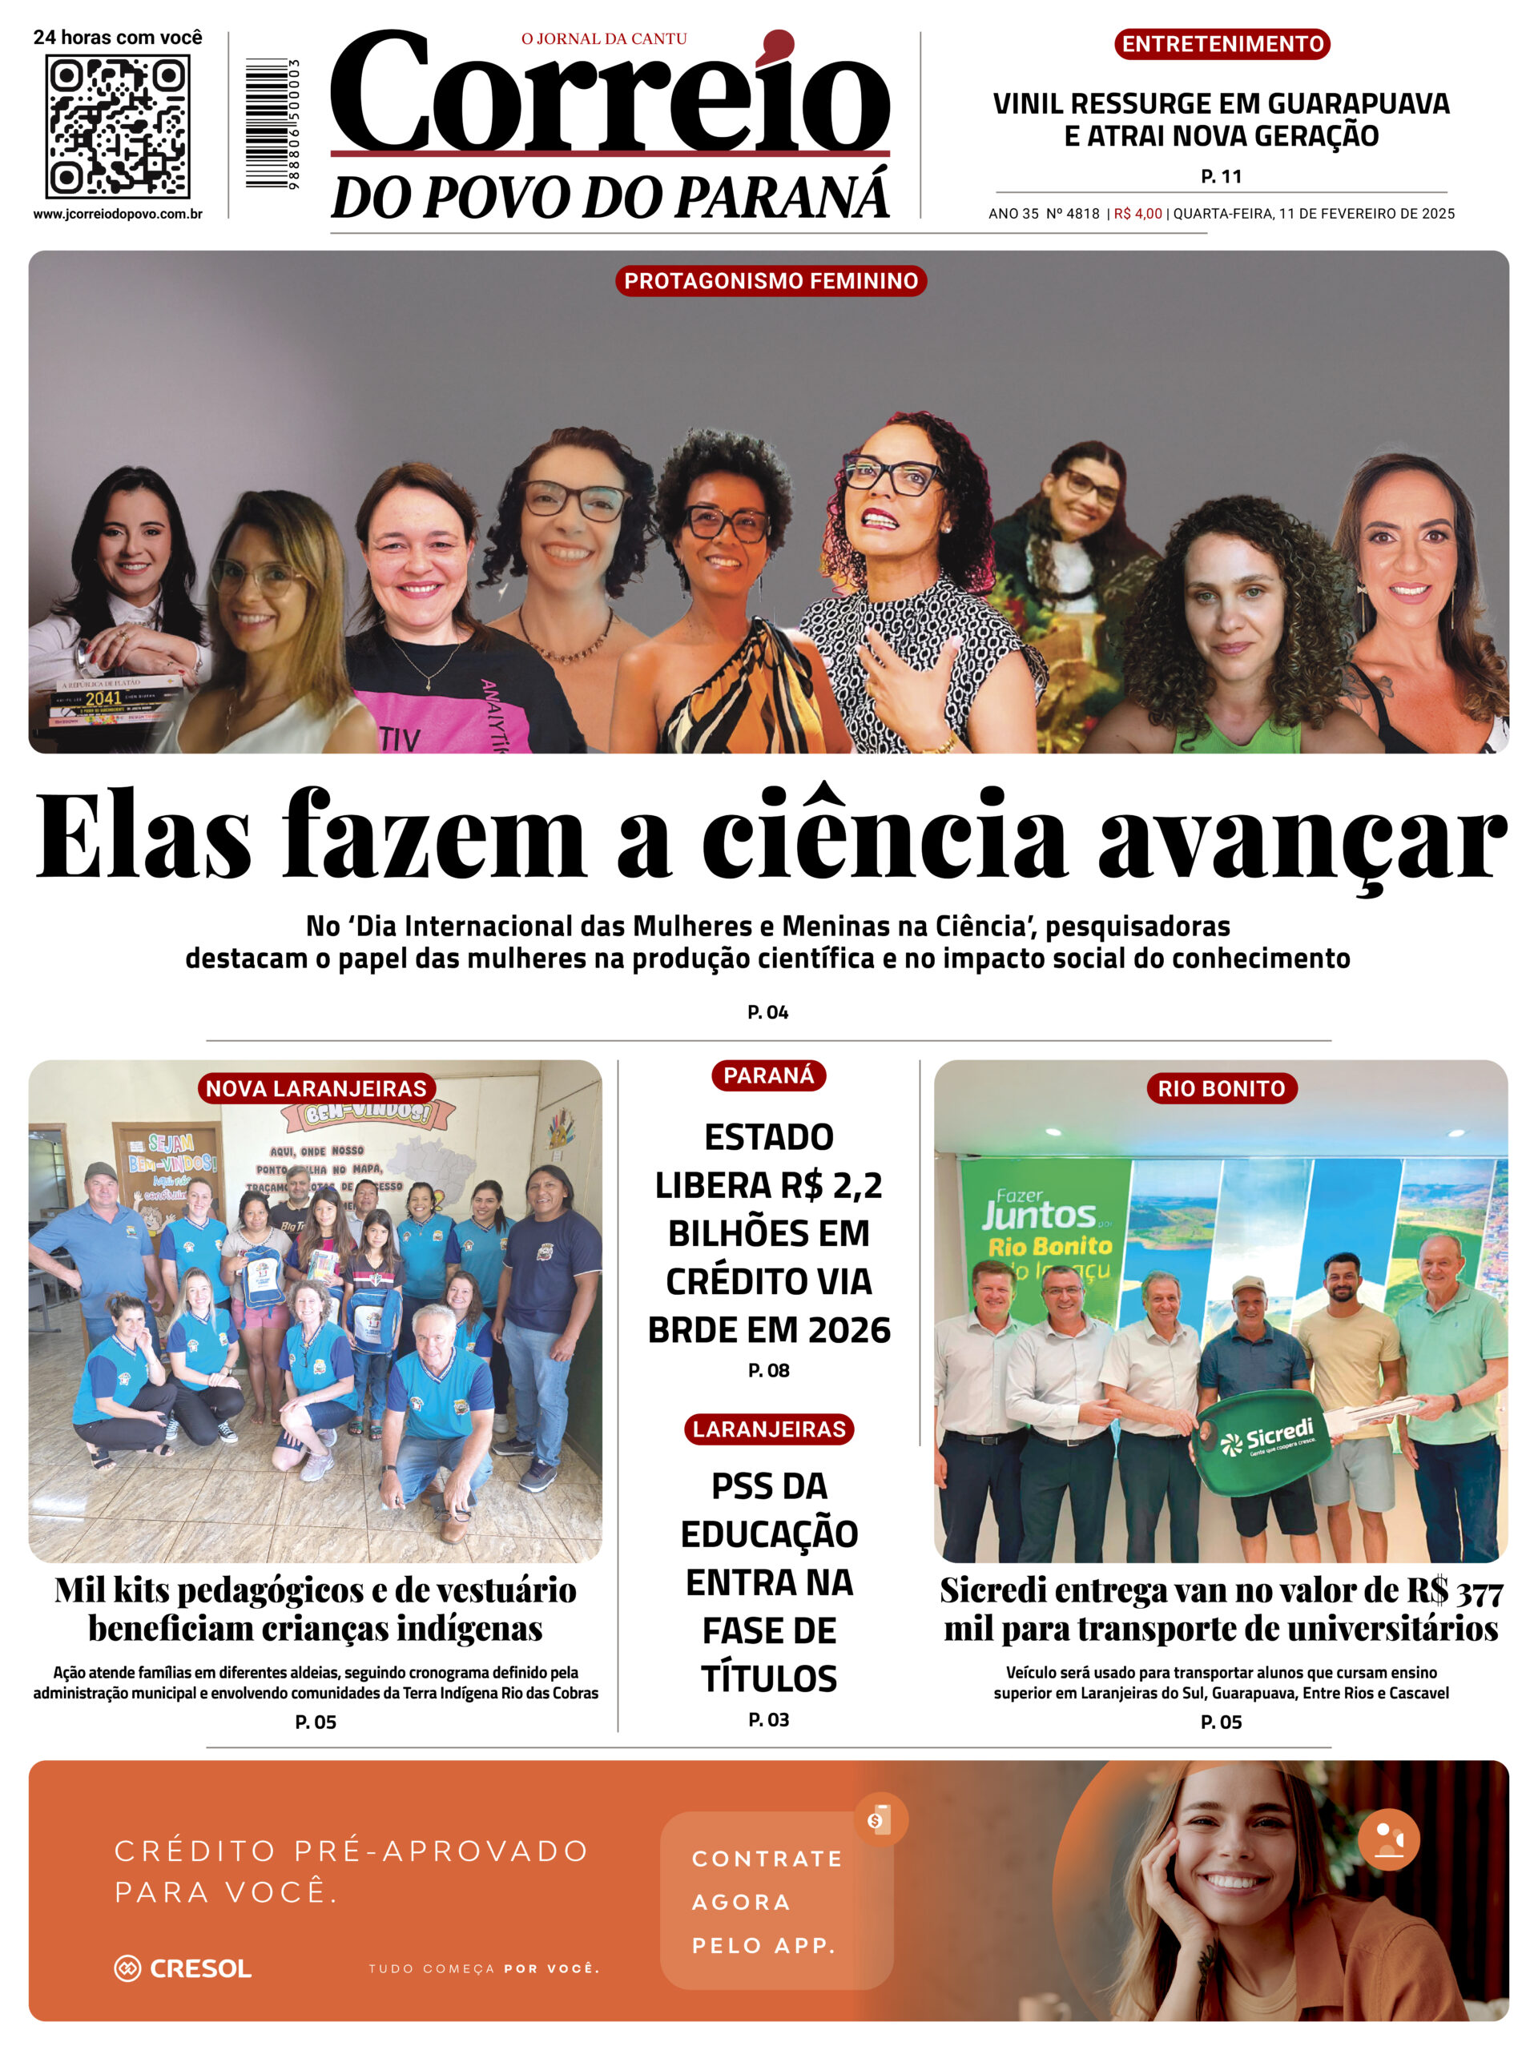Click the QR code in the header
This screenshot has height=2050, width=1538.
118,126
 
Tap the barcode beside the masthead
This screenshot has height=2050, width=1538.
267,123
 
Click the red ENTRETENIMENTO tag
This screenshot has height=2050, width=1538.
1221,45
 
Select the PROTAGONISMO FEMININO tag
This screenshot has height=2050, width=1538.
771,281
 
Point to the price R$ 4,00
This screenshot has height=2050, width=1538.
1137,214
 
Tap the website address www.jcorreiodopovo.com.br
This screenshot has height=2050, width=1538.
118,214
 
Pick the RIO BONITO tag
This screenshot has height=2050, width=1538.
1221,1088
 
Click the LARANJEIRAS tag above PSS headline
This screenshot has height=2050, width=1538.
768,1429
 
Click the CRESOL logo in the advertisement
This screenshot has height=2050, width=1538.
183,1968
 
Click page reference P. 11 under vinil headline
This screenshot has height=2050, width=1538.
1221,176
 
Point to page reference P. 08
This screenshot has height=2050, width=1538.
768,1370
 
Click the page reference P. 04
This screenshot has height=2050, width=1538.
767,1012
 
